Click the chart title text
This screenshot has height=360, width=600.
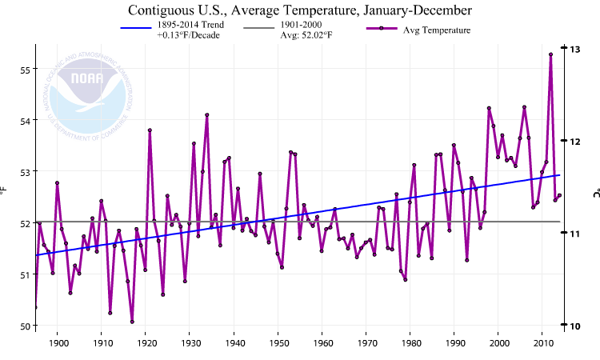coord(300,10)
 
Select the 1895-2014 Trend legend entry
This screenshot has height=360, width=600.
coord(172,30)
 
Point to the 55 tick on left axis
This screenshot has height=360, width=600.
coord(23,70)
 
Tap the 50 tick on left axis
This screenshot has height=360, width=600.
coord(23,326)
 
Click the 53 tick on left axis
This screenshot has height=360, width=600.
coord(23,172)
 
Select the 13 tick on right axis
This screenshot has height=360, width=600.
coord(574,49)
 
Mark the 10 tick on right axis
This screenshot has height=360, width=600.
coord(574,326)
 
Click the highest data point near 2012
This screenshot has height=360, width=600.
coord(550,54)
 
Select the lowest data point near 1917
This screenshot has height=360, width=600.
coord(132,322)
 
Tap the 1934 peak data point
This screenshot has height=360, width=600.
coord(206,114)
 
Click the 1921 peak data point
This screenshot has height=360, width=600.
coord(150,130)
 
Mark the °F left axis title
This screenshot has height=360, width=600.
coord(4,192)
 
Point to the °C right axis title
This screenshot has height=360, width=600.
coord(595,193)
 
